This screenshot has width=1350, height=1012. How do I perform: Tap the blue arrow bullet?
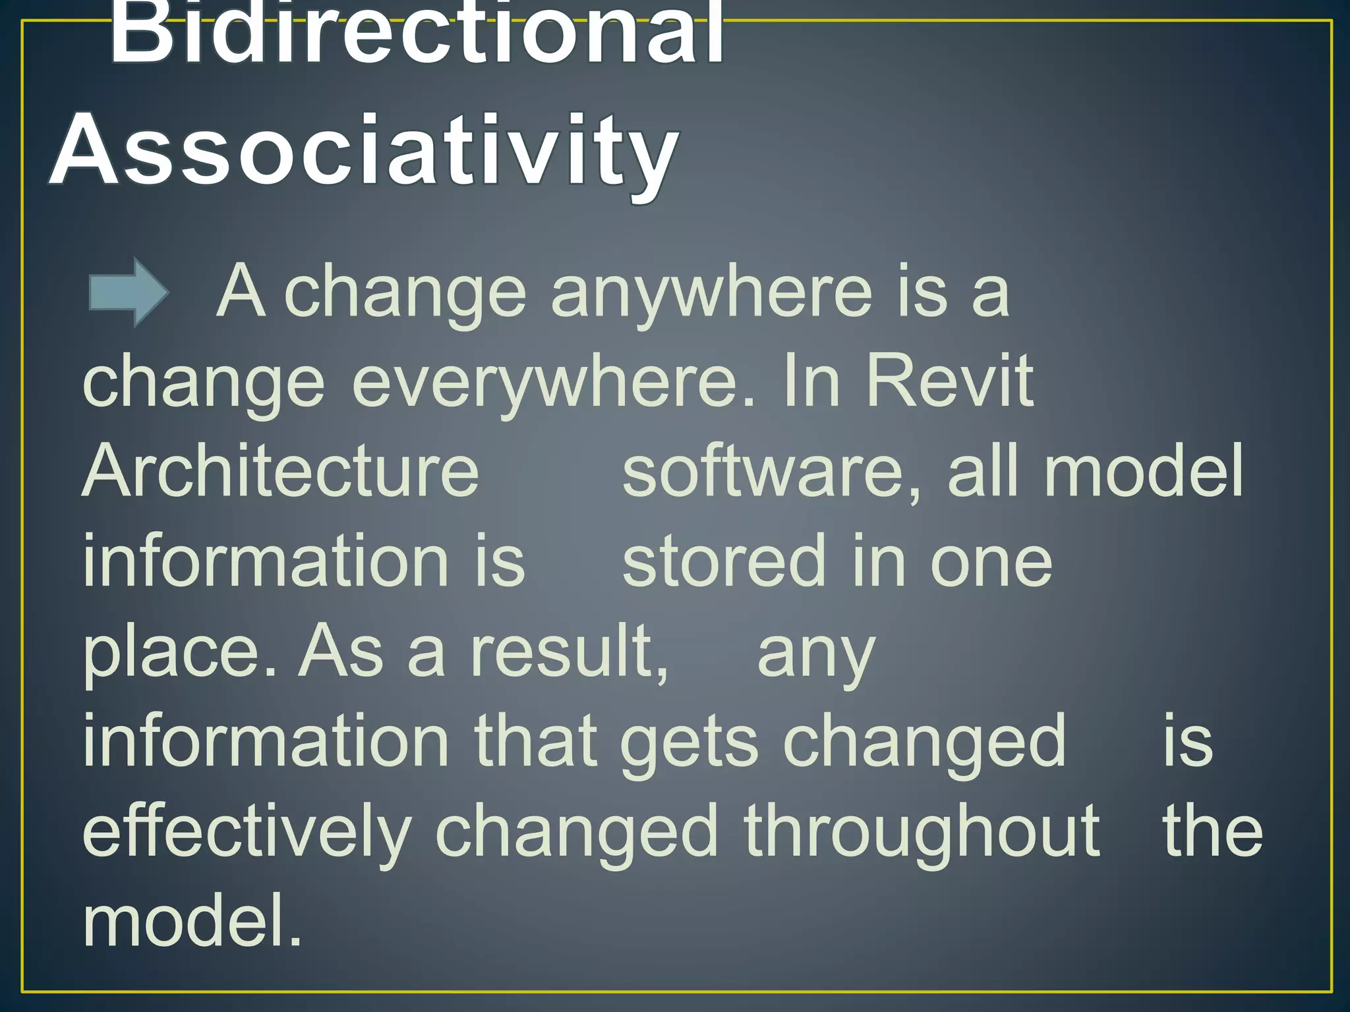pos(129,292)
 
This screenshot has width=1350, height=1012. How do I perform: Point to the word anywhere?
pos(712,293)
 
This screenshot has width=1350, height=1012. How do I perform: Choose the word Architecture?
pos(281,470)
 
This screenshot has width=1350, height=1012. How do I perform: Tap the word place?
pos(171,652)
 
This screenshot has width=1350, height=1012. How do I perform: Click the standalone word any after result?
pos(816,656)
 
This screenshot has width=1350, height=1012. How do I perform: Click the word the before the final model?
pos(1213,831)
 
